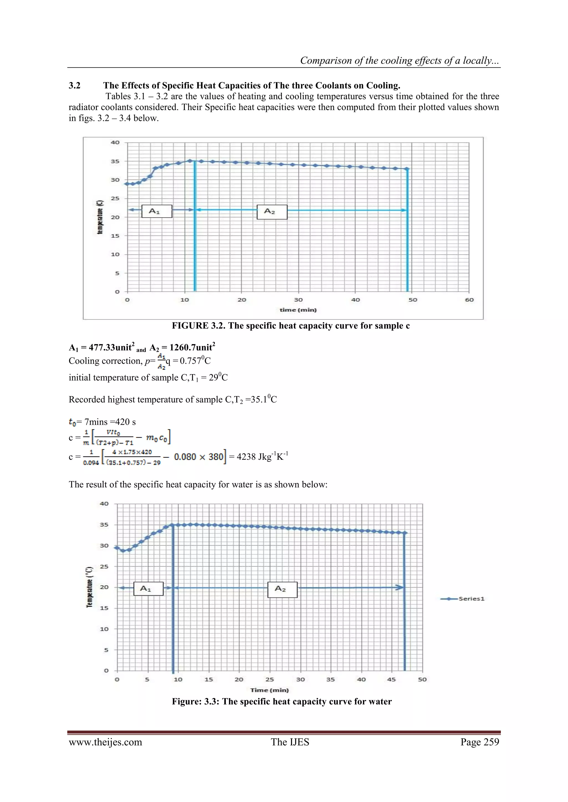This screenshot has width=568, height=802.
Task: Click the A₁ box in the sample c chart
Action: (x=157, y=211)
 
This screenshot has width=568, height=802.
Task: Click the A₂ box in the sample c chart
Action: (x=272, y=212)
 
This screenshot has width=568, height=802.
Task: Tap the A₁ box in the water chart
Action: (x=148, y=589)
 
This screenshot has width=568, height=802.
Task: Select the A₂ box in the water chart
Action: (x=282, y=589)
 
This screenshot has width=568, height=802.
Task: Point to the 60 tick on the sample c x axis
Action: (x=469, y=300)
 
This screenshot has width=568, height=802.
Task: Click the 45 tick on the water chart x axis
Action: (x=391, y=679)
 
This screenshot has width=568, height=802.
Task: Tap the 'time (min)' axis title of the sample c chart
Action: (x=298, y=310)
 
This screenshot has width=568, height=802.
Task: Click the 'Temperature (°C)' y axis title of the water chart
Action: (x=90, y=587)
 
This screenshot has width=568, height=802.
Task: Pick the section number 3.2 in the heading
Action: (x=75, y=86)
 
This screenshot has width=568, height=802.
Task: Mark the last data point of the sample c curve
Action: (x=407, y=169)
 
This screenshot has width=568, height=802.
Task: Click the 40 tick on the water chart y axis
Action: (x=104, y=504)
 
